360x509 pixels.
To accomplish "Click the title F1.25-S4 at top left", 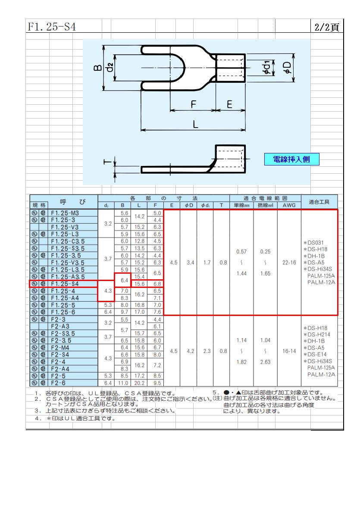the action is coord(52,27).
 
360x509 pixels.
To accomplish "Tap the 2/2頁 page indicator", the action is coord(327,27).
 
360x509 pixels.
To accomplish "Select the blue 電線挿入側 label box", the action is coord(291,159).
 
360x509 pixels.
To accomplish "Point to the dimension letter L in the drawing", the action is coord(195,124).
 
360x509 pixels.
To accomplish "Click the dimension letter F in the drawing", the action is coord(194,104).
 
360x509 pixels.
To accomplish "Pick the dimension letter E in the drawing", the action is coord(229,104).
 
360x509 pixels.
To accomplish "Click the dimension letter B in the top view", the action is coord(98,68).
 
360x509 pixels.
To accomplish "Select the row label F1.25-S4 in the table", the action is coord(65,284).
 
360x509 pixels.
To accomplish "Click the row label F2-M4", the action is coord(60,348).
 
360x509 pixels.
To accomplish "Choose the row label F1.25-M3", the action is coord(65,213).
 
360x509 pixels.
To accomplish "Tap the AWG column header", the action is coord(289,205).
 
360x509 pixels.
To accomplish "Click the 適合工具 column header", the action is coord(319,202).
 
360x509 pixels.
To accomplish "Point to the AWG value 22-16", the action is coord(289,262).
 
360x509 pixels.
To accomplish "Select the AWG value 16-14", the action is coord(289,351).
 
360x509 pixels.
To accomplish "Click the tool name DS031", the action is coord(315,243).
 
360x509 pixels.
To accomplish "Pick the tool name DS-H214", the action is coord(319,335).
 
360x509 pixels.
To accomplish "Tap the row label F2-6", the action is coord(58,383).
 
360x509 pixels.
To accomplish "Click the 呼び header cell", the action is coord(72,202).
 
